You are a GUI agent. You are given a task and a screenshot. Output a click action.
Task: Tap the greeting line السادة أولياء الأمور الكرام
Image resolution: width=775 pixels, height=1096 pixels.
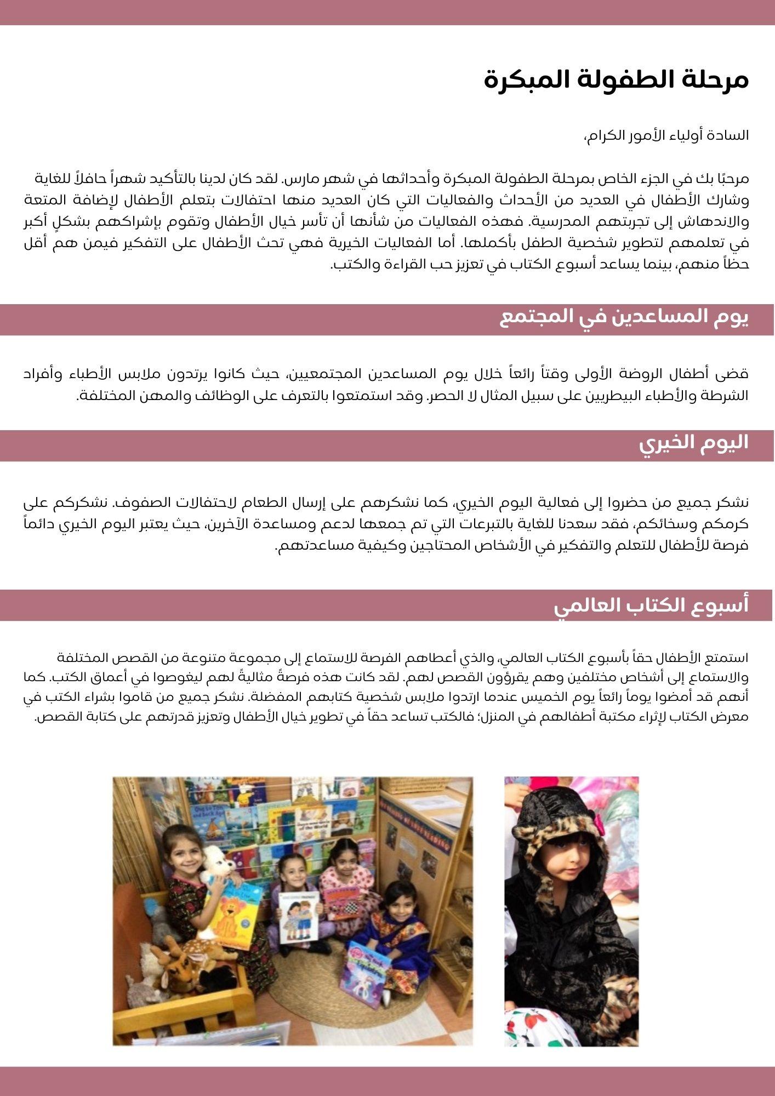(666, 135)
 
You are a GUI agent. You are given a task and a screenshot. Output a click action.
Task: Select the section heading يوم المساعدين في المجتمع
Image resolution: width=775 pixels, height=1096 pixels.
(624, 318)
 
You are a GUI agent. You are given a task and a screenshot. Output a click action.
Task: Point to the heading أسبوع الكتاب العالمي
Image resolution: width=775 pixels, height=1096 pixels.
(651, 606)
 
